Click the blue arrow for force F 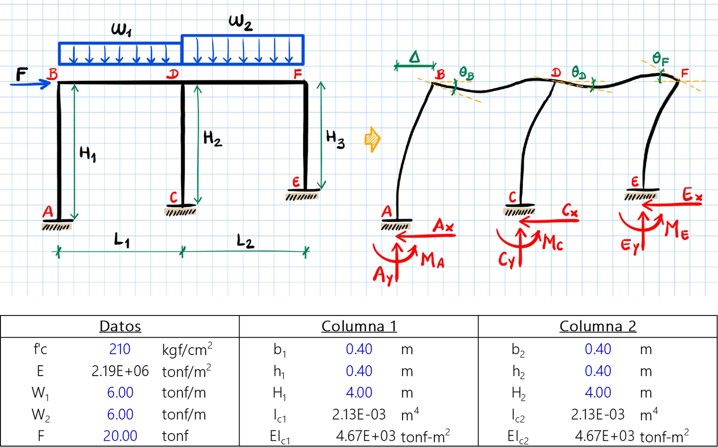(x=31, y=84)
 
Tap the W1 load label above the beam (x=121, y=30)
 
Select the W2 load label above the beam (x=241, y=23)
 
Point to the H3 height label (x=335, y=140)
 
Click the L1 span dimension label (x=122, y=241)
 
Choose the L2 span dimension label (x=245, y=241)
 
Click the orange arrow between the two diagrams (x=372, y=139)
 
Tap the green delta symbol (x=415, y=57)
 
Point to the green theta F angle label (x=661, y=59)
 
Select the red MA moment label (x=433, y=260)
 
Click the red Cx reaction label (x=569, y=210)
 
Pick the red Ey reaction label (x=630, y=245)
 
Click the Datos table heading (x=120, y=326)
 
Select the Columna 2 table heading (x=598, y=326)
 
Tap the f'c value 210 (x=119, y=349)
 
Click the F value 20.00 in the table (x=120, y=436)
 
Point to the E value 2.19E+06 (x=120, y=371)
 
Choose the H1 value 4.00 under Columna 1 (x=359, y=393)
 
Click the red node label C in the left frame (x=173, y=197)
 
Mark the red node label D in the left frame (x=172, y=74)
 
